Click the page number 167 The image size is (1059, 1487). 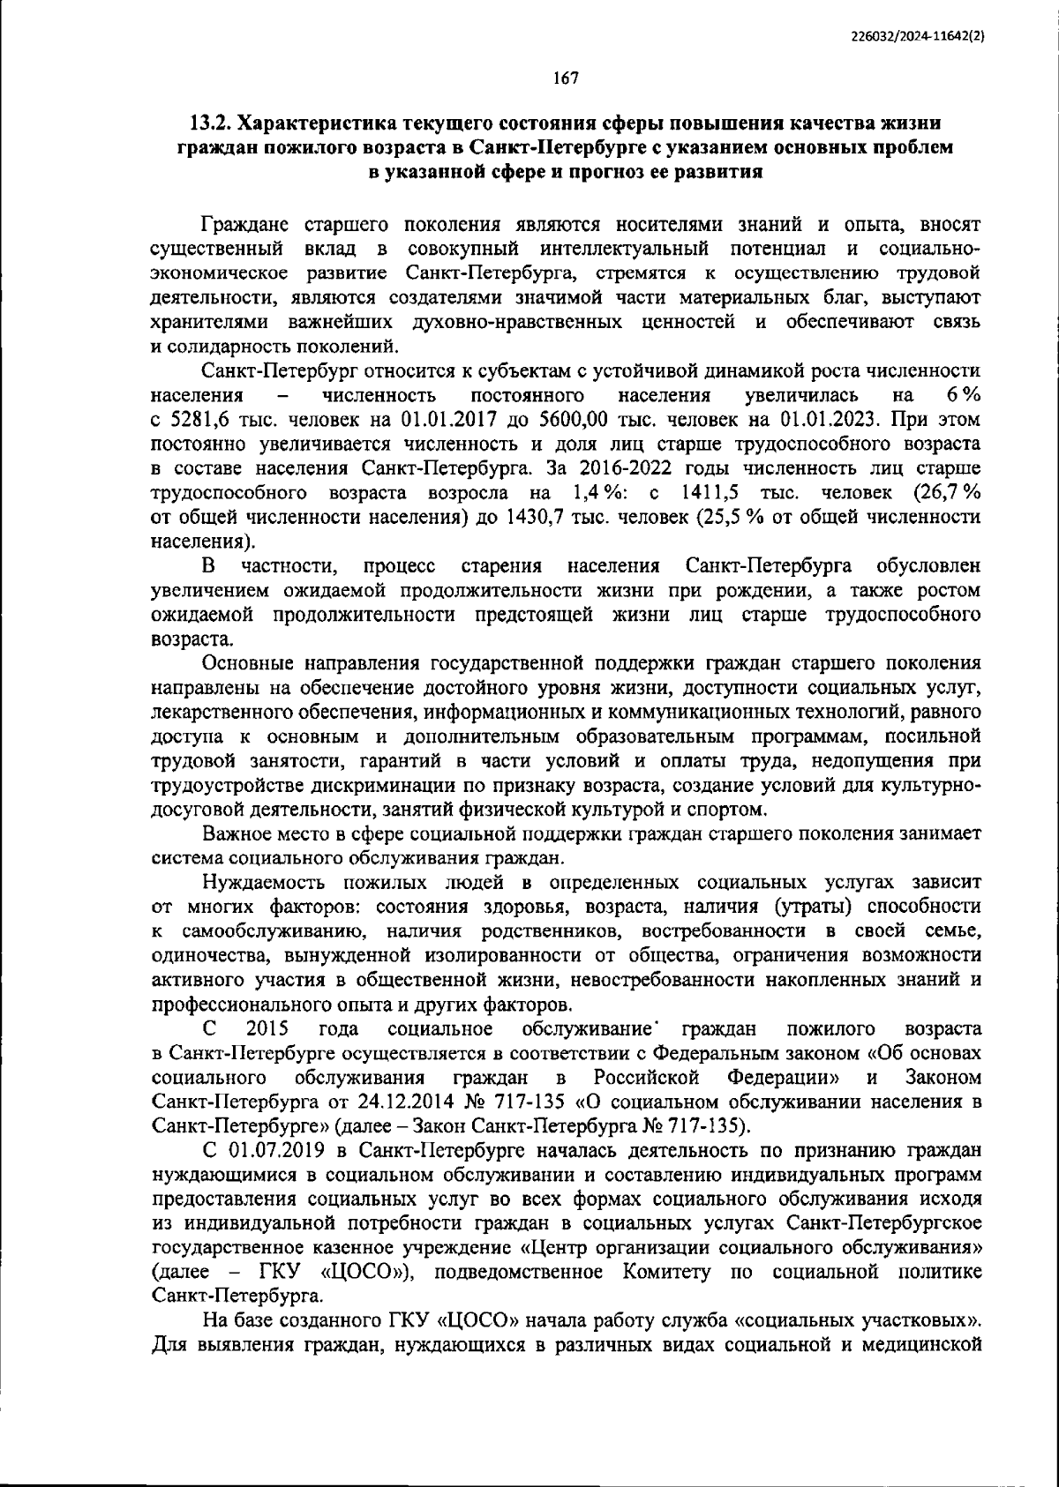565,78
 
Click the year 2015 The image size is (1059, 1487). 268,1028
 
